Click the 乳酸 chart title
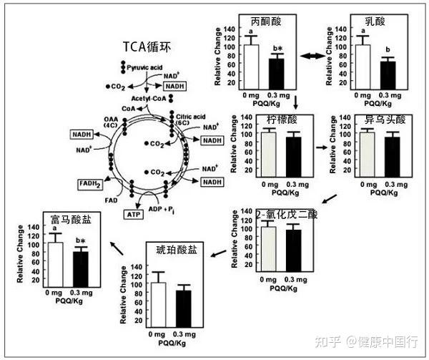pyautogui.click(x=375, y=21)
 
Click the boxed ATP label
pyautogui.click(x=134, y=214)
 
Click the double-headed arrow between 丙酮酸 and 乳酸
pyautogui.click(x=312, y=55)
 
